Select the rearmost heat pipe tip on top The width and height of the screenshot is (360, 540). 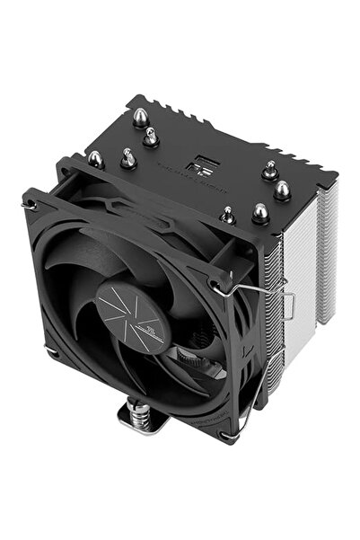(x=142, y=116)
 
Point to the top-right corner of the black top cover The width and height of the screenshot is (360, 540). (x=336, y=176)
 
